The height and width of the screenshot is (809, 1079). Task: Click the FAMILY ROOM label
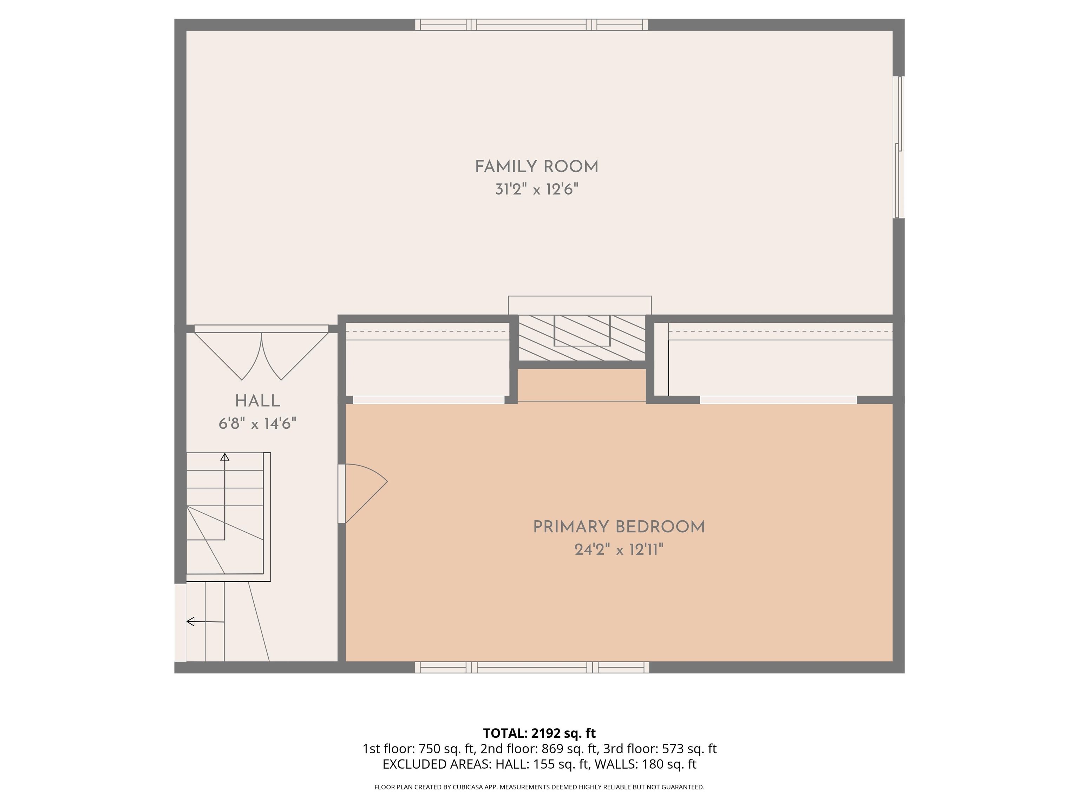[537, 167]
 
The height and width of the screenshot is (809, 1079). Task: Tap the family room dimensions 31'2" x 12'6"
[537, 189]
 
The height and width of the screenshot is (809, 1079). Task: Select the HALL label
[257, 401]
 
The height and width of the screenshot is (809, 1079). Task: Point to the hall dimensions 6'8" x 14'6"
[257, 423]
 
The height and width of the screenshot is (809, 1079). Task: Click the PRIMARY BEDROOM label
[619, 527]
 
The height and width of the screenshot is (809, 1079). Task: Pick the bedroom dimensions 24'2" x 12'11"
[619, 550]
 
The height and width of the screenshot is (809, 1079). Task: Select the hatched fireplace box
[582, 338]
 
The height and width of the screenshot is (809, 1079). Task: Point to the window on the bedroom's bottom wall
[532, 667]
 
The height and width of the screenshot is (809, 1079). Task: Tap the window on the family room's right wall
[898, 147]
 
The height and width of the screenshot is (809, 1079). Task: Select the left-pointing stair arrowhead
[191, 621]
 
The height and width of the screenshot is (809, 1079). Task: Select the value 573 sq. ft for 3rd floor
[689, 749]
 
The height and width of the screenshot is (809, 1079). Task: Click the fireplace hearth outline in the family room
[580, 305]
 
